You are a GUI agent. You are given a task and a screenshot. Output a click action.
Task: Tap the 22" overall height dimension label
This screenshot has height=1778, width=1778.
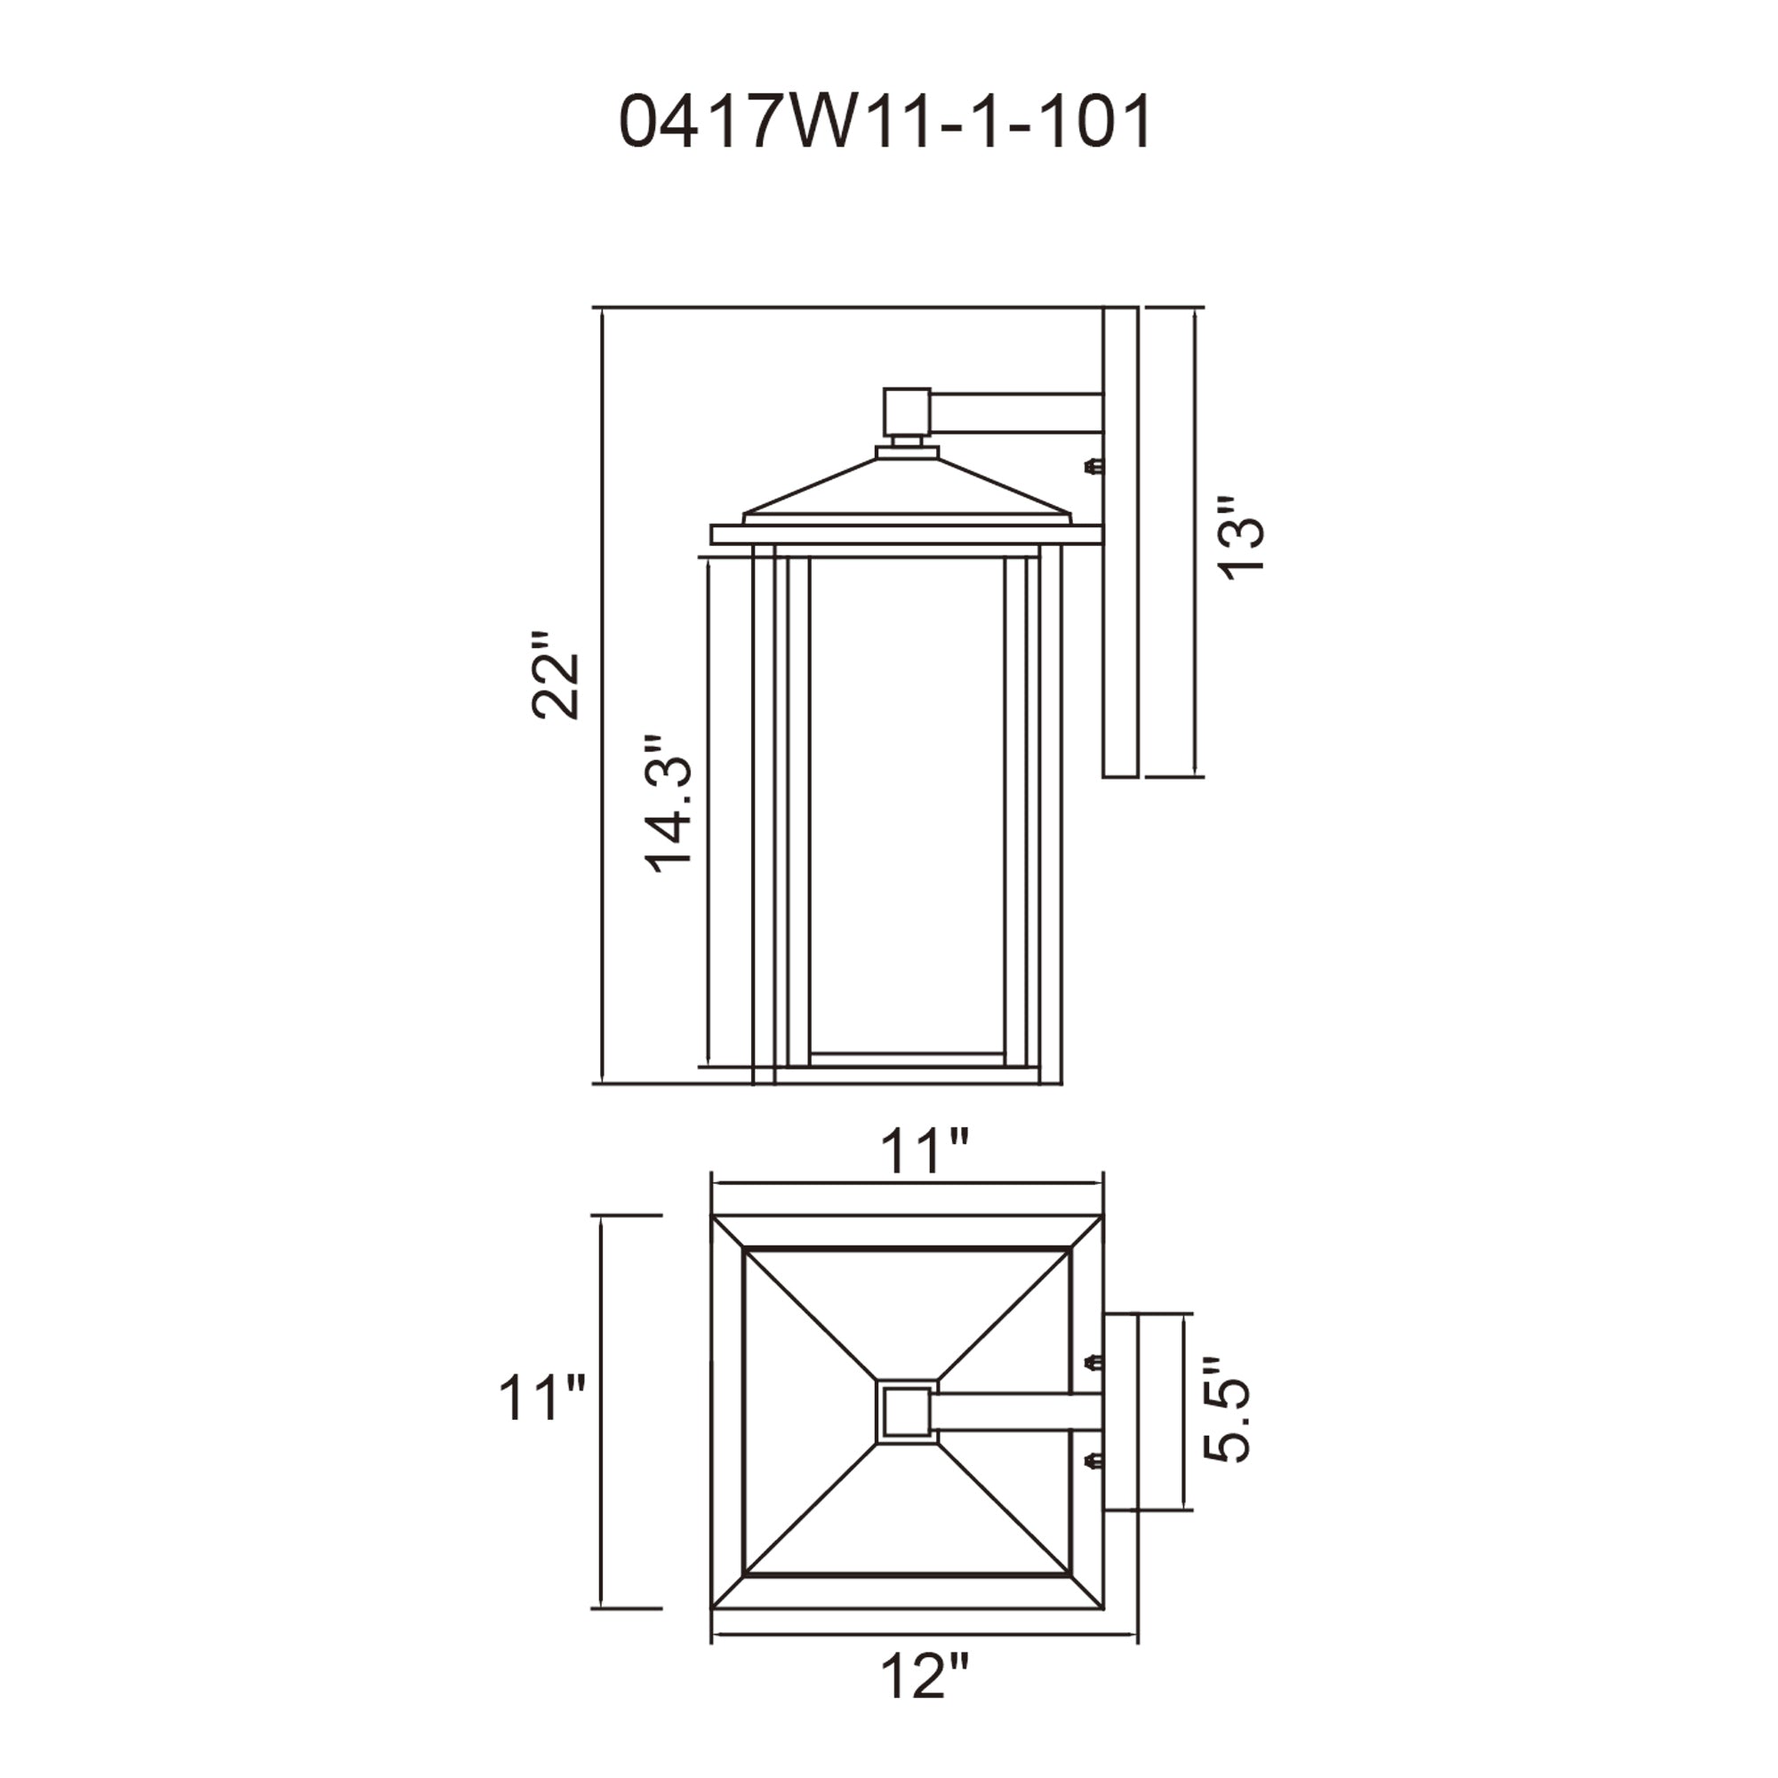coord(557,674)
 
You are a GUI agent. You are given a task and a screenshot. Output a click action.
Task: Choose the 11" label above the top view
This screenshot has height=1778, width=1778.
coord(924,1150)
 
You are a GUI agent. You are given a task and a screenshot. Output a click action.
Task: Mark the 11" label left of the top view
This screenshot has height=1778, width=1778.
coord(541,1398)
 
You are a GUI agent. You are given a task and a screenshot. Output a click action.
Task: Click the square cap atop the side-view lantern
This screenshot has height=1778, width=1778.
coord(906,411)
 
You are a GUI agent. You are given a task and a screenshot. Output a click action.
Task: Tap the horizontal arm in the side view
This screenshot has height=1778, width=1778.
coord(1016,412)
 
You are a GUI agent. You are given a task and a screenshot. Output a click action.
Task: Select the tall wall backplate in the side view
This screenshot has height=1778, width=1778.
coord(1120,543)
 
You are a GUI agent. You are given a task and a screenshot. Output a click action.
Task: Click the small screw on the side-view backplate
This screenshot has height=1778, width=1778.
coord(1093,468)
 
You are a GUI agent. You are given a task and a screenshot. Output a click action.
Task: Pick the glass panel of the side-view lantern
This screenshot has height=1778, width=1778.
coord(907,805)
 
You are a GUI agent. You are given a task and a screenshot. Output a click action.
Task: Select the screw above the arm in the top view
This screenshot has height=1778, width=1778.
coord(1093,1362)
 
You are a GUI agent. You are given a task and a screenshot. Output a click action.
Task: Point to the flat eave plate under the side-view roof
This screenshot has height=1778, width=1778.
coord(907,534)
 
